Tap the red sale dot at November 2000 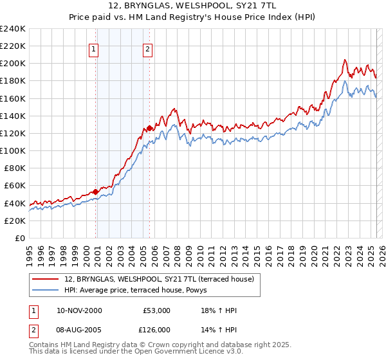click(96, 192)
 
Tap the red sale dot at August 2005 click(150, 128)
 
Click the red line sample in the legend click(46, 278)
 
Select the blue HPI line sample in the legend click(46, 289)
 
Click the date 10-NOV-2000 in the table click(79, 310)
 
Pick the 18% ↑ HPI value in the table click(219, 310)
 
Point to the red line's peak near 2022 click(344, 60)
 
